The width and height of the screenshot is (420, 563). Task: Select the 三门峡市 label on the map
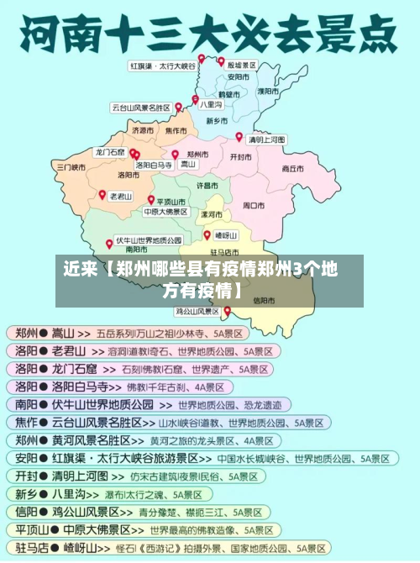point(71,167)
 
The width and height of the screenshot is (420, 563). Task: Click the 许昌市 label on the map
point(207,184)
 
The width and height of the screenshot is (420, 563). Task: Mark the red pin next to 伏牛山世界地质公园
point(109,244)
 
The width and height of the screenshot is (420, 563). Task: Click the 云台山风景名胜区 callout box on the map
point(140,108)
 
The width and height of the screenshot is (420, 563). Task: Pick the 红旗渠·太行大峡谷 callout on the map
point(162,66)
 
